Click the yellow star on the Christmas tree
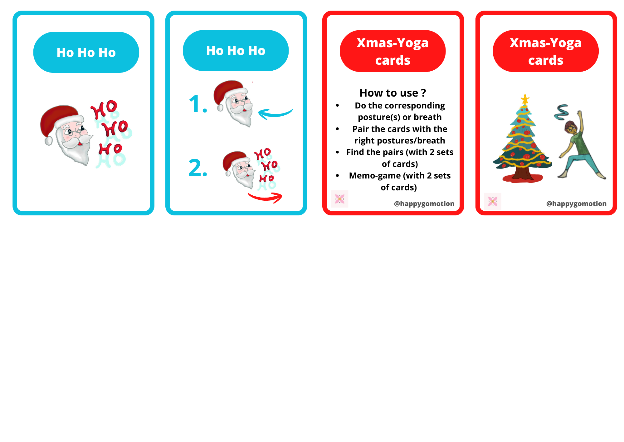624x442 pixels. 525,99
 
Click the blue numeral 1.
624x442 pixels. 198,104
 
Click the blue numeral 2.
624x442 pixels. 198,168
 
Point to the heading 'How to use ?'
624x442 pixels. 392,93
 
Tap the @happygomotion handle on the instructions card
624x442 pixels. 424,203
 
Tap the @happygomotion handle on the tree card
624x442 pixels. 576,203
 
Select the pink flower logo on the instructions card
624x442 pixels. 339,199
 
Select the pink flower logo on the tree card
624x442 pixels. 493,201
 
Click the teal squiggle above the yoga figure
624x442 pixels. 561,112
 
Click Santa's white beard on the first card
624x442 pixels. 76,150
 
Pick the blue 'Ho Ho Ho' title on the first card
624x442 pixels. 86,53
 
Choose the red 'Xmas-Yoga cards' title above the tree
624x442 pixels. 546,51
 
